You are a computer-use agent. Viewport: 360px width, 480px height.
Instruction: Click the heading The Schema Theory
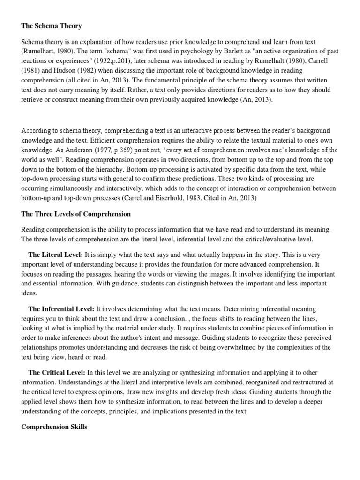point(52,26)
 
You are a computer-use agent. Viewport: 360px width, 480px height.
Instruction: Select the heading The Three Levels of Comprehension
point(76,214)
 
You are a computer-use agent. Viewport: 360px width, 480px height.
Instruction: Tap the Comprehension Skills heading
point(54,427)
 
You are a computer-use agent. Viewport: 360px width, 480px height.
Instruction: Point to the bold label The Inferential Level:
point(61,309)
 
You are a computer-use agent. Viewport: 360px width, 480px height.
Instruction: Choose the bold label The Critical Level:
point(57,372)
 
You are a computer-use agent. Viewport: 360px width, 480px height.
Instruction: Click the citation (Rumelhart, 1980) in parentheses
point(45,51)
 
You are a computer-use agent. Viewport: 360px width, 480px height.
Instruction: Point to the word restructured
point(315,382)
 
